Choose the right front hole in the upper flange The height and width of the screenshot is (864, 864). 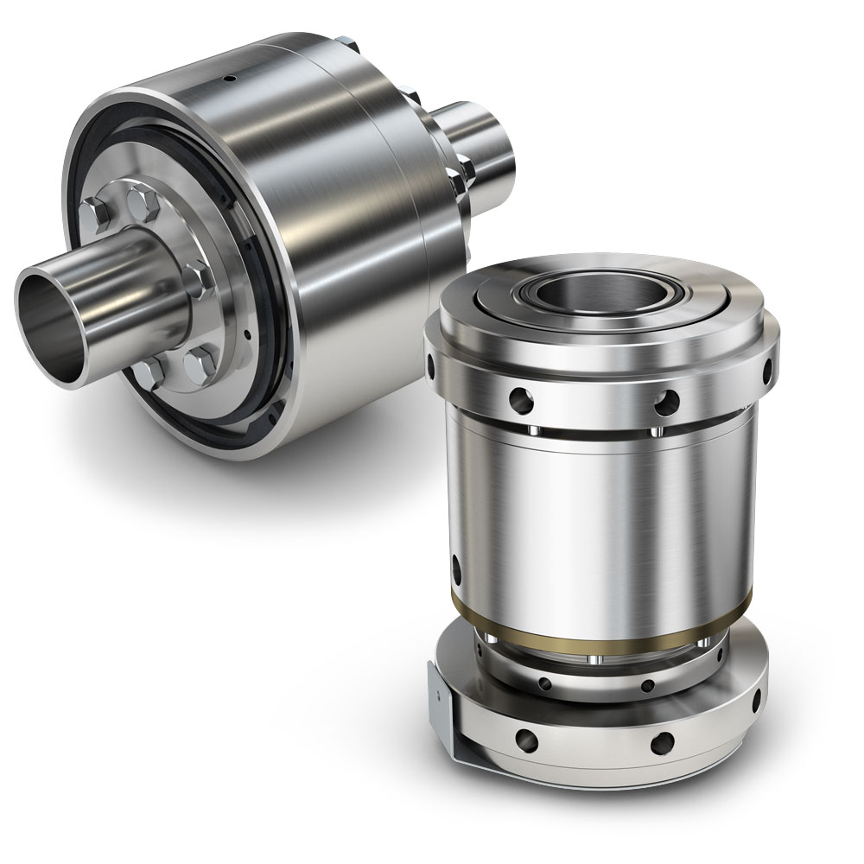(x=664, y=399)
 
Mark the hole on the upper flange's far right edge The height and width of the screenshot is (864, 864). (x=768, y=370)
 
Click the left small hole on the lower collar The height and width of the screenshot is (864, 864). (x=545, y=683)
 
